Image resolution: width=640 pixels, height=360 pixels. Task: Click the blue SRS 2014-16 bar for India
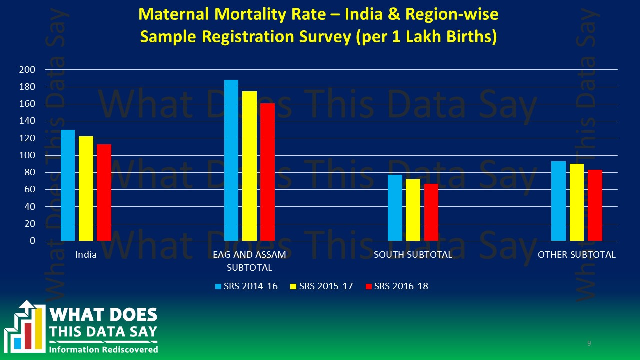point(68,185)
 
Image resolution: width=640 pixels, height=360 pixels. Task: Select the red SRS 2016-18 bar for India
point(104,192)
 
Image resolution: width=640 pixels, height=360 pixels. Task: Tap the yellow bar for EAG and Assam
point(249,166)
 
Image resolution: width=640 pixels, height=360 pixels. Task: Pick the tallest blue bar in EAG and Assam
point(231,160)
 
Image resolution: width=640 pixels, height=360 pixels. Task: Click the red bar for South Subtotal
point(431,212)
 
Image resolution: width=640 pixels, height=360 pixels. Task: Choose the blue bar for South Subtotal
point(395,208)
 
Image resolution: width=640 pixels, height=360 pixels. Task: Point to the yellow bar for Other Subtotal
point(577,202)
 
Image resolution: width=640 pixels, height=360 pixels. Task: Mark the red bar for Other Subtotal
point(595,205)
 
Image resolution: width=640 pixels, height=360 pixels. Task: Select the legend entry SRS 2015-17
point(322,286)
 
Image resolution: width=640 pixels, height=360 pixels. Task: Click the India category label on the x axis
point(86,255)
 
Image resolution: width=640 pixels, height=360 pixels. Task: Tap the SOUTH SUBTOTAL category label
point(413,255)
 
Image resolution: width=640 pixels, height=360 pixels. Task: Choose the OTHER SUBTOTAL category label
point(576,255)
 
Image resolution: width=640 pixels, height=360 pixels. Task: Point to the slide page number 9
point(589,343)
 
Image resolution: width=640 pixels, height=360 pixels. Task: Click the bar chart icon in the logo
point(25,326)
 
